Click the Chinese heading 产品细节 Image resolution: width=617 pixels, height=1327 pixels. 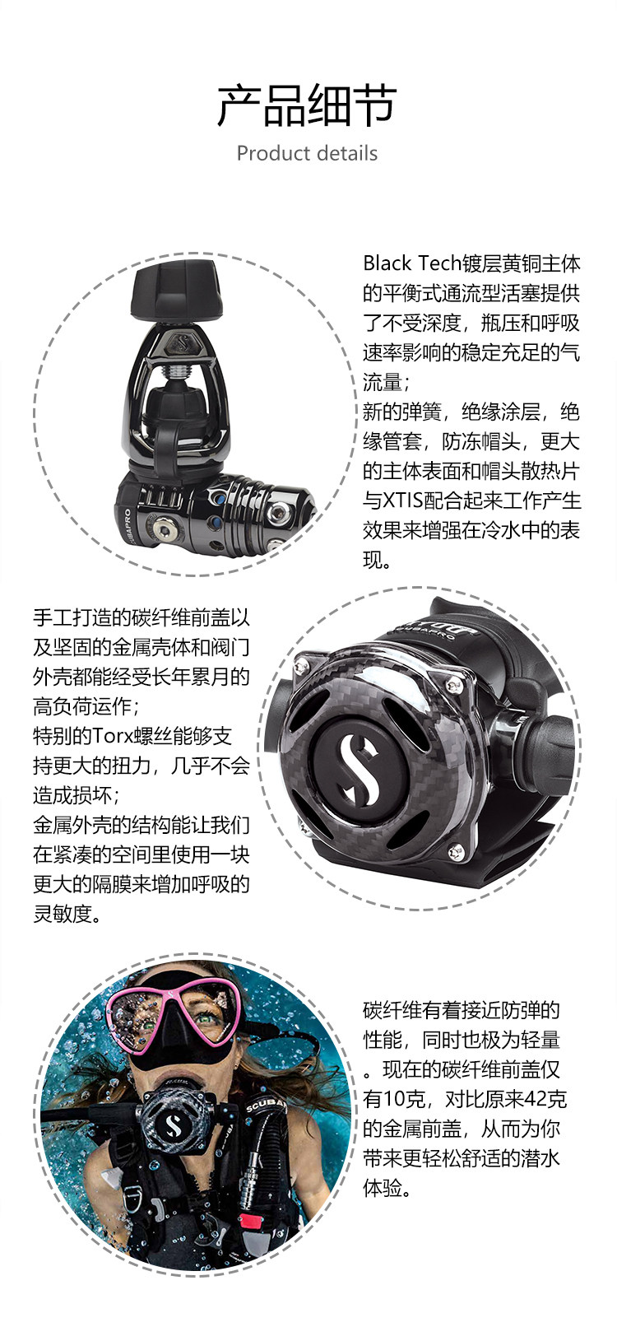[307, 105]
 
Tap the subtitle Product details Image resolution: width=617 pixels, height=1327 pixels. [307, 153]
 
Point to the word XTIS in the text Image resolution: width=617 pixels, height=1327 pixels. [401, 501]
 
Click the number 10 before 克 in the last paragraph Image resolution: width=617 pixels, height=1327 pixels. [393, 1099]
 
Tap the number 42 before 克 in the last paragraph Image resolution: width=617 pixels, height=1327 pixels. [535, 1099]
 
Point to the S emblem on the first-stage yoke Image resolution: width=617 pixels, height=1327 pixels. [183, 344]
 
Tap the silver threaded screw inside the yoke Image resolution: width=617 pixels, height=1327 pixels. [176, 374]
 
